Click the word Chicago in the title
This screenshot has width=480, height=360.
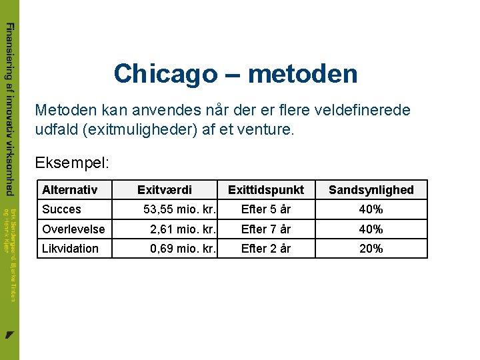(165, 73)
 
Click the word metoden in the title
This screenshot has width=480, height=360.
(303, 73)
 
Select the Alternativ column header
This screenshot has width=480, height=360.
(69, 190)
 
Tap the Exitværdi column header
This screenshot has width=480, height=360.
(164, 190)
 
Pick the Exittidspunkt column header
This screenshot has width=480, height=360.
(265, 190)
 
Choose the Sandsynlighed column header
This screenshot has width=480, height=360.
(371, 190)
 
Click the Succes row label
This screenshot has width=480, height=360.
(61, 209)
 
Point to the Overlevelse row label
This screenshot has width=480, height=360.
(73, 229)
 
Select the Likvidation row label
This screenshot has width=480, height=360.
(70, 249)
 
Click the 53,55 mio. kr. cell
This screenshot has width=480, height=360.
(179, 209)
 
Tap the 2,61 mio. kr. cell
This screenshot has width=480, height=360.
(183, 229)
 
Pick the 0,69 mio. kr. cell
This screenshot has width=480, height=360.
(183, 249)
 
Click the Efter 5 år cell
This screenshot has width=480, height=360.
(265, 209)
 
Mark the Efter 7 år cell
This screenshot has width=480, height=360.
(265, 229)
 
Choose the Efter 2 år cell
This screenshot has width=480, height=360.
(265, 249)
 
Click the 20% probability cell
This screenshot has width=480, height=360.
(371, 249)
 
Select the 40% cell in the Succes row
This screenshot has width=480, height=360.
(371, 209)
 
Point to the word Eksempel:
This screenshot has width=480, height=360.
(72, 163)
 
